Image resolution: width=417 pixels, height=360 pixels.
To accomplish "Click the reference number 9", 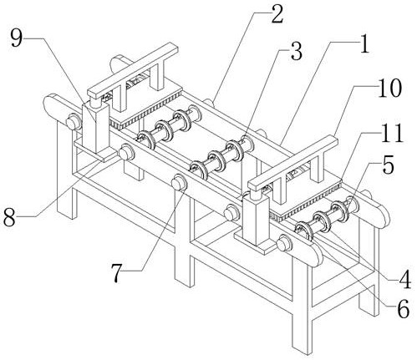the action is [17, 38].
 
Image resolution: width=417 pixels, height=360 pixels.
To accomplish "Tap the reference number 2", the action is [277, 14].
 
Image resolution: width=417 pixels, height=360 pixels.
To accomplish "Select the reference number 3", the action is [296, 51].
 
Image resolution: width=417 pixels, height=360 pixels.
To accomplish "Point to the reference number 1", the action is [364, 43].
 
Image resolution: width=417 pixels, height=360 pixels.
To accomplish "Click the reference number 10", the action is [389, 88].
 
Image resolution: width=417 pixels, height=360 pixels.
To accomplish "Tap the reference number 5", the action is [388, 165].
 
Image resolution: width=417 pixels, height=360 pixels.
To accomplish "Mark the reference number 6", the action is [403, 309].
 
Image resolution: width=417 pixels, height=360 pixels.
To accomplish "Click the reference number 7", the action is [117, 273].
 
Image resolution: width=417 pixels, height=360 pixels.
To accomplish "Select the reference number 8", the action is [9, 217].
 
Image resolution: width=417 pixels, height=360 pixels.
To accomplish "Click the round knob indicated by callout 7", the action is [179, 182].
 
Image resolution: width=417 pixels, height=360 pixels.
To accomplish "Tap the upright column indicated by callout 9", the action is [95, 127].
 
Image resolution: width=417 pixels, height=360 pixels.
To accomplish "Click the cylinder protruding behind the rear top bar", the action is [120, 63].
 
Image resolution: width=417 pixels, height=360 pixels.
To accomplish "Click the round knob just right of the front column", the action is [284, 242].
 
